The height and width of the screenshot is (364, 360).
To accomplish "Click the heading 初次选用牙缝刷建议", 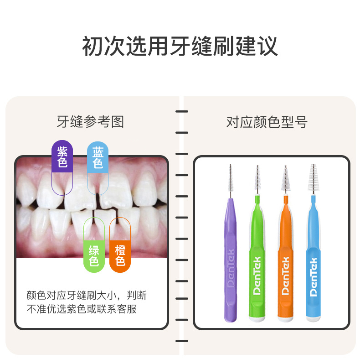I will pyautogui.click(x=180, y=47).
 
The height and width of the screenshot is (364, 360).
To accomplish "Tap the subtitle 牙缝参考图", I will pyautogui.click(x=90, y=122).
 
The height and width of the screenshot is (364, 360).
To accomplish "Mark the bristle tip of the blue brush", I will pyautogui.click(x=313, y=178).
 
